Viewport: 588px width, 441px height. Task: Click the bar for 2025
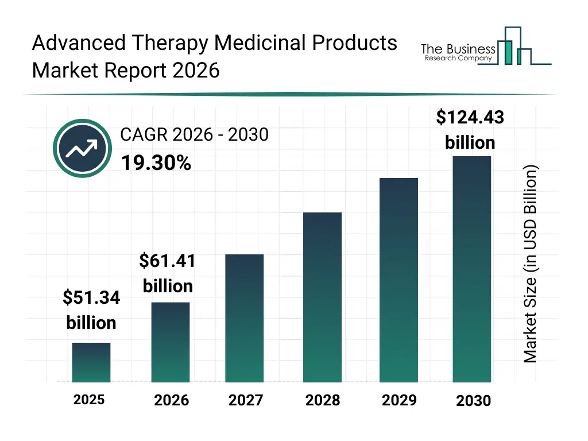click(x=91, y=362)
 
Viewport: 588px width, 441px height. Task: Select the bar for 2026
click(x=171, y=342)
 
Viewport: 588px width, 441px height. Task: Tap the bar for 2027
click(x=245, y=318)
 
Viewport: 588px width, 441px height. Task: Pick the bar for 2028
click(x=322, y=297)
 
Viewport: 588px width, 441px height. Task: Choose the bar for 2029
click(x=399, y=280)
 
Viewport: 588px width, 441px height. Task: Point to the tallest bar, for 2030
click(x=472, y=269)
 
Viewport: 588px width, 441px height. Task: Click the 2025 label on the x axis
click(x=89, y=400)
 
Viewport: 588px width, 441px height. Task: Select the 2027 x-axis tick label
click(x=246, y=400)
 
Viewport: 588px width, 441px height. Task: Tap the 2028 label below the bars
click(x=323, y=400)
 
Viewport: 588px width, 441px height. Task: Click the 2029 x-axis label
click(x=399, y=400)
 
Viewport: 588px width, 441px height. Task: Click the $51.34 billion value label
click(x=91, y=310)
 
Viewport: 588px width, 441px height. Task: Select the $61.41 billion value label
click(x=168, y=273)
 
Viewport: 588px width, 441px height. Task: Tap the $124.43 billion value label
click(x=470, y=130)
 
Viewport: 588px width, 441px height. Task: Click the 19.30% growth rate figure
click(x=156, y=164)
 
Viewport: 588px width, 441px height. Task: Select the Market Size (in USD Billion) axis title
click(x=530, y=264)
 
